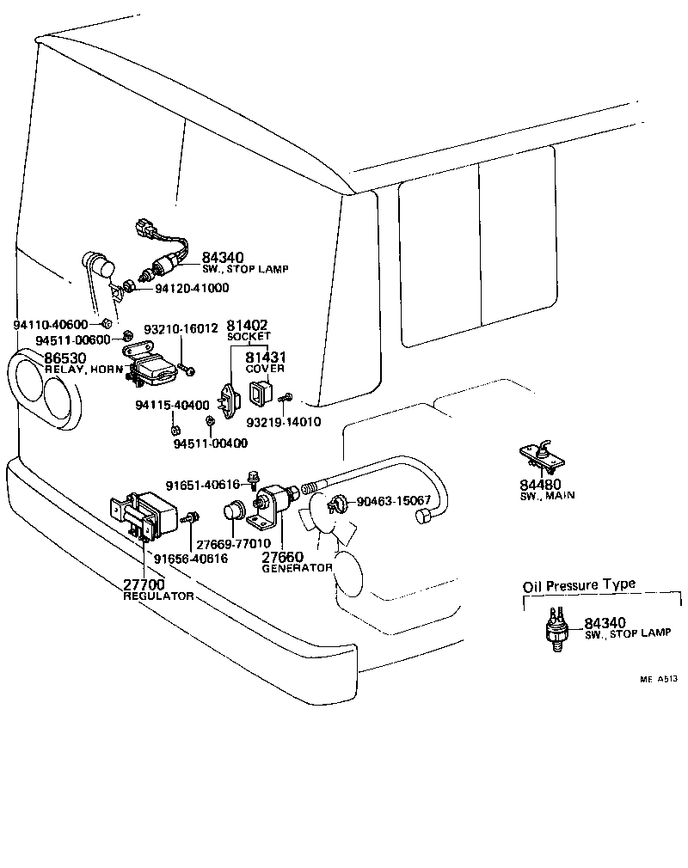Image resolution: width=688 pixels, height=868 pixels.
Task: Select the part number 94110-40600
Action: click(x=51, y=324)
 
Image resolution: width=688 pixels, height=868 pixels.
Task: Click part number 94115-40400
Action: click(x=171, y=405)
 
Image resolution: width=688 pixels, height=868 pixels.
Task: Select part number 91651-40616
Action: click(x=204, y=485)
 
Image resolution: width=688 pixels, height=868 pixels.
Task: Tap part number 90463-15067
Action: click(x=393, y=500)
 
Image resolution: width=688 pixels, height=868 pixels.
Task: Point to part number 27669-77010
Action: click(x=233, y=543)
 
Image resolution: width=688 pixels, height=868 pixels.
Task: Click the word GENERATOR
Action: click(x=296, y=568)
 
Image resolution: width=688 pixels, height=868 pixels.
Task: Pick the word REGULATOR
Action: click(x=158, y=596)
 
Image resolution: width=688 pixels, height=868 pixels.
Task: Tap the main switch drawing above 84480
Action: click(x=538, y=456)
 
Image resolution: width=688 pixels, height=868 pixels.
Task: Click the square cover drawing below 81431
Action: click(x=258, y=394)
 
